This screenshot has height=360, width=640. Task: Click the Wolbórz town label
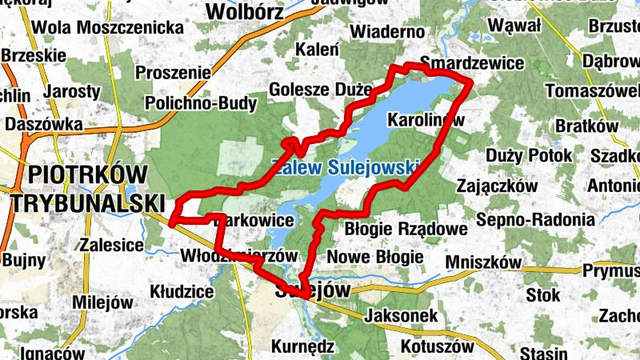[245, 11]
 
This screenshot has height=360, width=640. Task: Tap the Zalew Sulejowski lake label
[346, 168]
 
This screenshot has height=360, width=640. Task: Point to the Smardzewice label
[472, 63]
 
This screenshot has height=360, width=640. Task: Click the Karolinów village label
[425, 120]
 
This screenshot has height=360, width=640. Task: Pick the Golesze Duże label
[321, 89]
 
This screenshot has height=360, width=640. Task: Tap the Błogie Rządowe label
[405, 229]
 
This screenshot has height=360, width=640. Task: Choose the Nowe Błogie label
[375, 257]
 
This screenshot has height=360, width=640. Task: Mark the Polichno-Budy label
[201, 103]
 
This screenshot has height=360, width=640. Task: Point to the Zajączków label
[495, 186]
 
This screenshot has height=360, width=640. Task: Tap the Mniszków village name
[483, 262]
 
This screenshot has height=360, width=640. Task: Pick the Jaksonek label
[400, 316]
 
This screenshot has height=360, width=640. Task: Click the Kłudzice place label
[182, 292]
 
